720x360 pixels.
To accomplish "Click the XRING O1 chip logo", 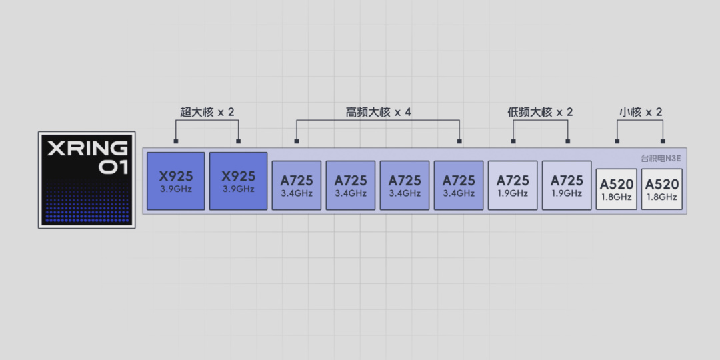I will [x=87, y=180].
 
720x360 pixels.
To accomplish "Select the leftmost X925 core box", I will [x=175, y=181].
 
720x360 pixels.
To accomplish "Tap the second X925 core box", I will [x=238, y=181].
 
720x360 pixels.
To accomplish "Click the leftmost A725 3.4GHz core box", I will [x=296, y=185].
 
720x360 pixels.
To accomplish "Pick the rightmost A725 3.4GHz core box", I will [x=459, y=185].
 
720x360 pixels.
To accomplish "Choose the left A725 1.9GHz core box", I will [x=512, y=185].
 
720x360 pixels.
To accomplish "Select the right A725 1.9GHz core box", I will [x=567, y=185].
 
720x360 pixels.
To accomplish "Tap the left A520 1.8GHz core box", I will [x=616, y=189].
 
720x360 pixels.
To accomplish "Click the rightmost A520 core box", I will [x=661, y=189].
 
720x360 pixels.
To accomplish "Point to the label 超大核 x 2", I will [x=207, y=112].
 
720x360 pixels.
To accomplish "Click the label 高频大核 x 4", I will [x=378, y=112].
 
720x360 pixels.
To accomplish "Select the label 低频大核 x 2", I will [x=540, y=112].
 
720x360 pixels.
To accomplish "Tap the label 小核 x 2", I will [x=640, y=112].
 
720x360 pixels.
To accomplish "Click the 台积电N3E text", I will [x=661, y=159].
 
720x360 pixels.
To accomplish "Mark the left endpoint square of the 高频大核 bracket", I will [x=297, y=141].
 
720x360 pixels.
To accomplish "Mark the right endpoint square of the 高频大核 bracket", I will [x=459, y=141].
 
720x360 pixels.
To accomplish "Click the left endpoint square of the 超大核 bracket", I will [x=176, y=141].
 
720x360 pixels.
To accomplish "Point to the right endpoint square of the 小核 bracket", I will [x=663, y=141].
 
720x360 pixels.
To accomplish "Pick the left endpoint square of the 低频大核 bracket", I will [x=513, y=141].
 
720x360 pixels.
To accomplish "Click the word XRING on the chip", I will [x=86, y=148].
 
